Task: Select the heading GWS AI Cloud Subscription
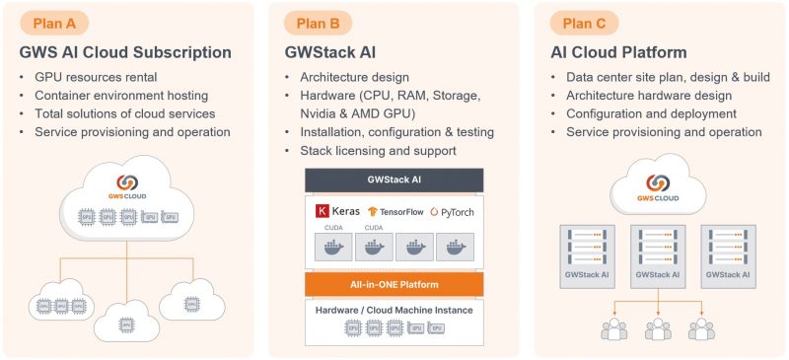125,52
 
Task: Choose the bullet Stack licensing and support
378,151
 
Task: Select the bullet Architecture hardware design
649,96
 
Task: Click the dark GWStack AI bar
394,180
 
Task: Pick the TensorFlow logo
394,211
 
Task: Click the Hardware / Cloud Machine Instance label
394,310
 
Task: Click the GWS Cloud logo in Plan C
660,186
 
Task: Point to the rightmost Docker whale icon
456,248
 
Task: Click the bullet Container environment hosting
121,96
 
